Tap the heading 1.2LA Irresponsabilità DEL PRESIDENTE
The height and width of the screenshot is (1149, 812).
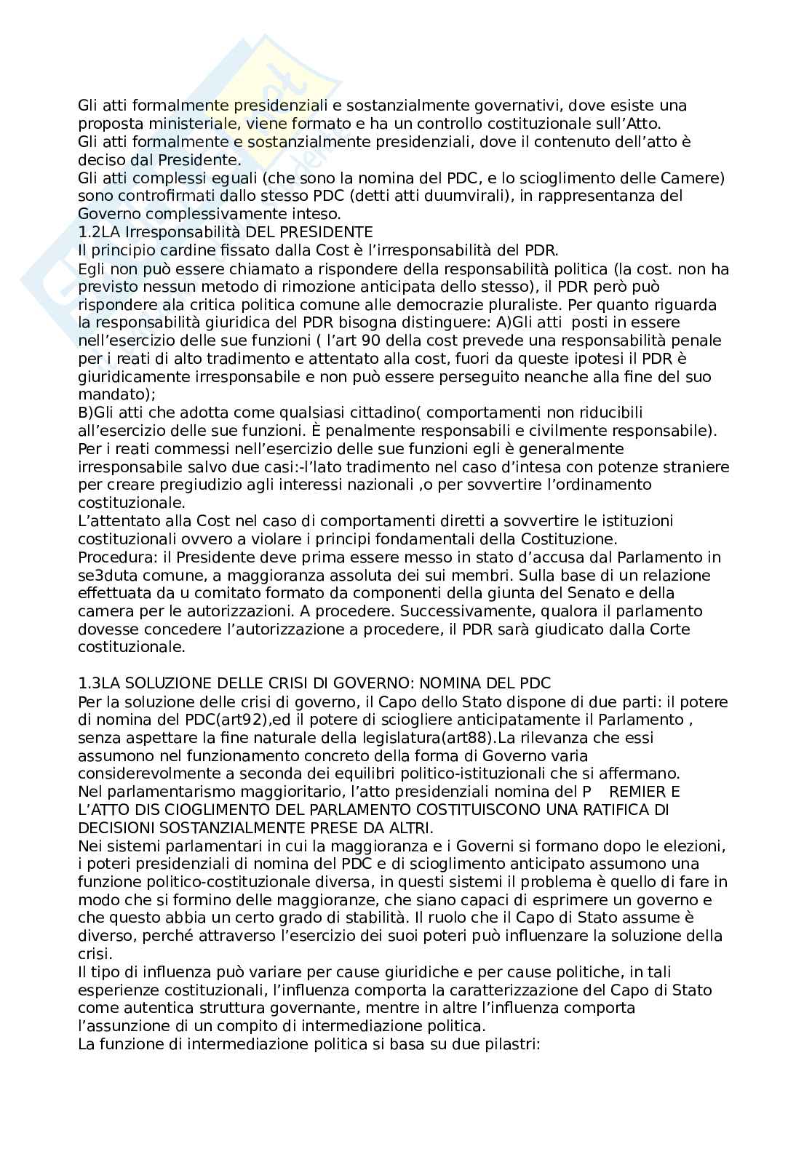(226, 233)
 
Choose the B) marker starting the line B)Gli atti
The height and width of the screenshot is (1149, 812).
(86, 413)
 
